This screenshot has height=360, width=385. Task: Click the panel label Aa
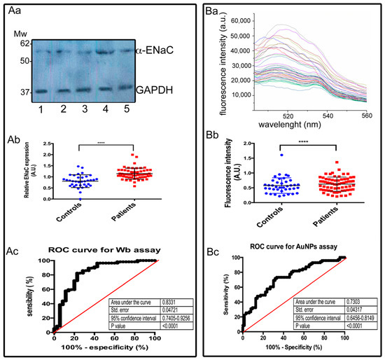[14, 9]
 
